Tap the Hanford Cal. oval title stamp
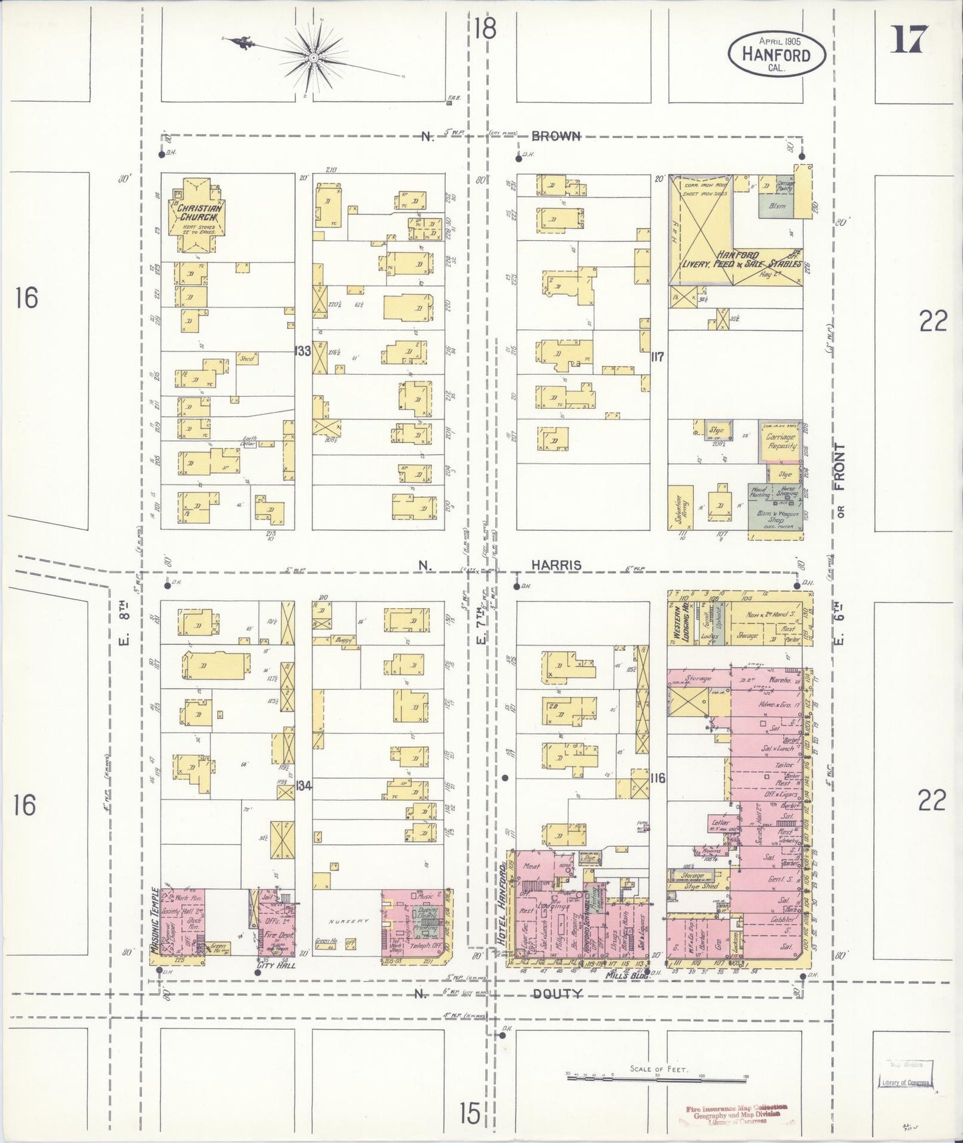(x=776, y=53)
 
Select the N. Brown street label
(x=556, y=136)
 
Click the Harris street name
(x=556, y=565)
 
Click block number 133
(x=303, y=351)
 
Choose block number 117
(x=658, y=357)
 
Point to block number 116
(x=658, y=778)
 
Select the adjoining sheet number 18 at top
(x=486, y=30)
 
